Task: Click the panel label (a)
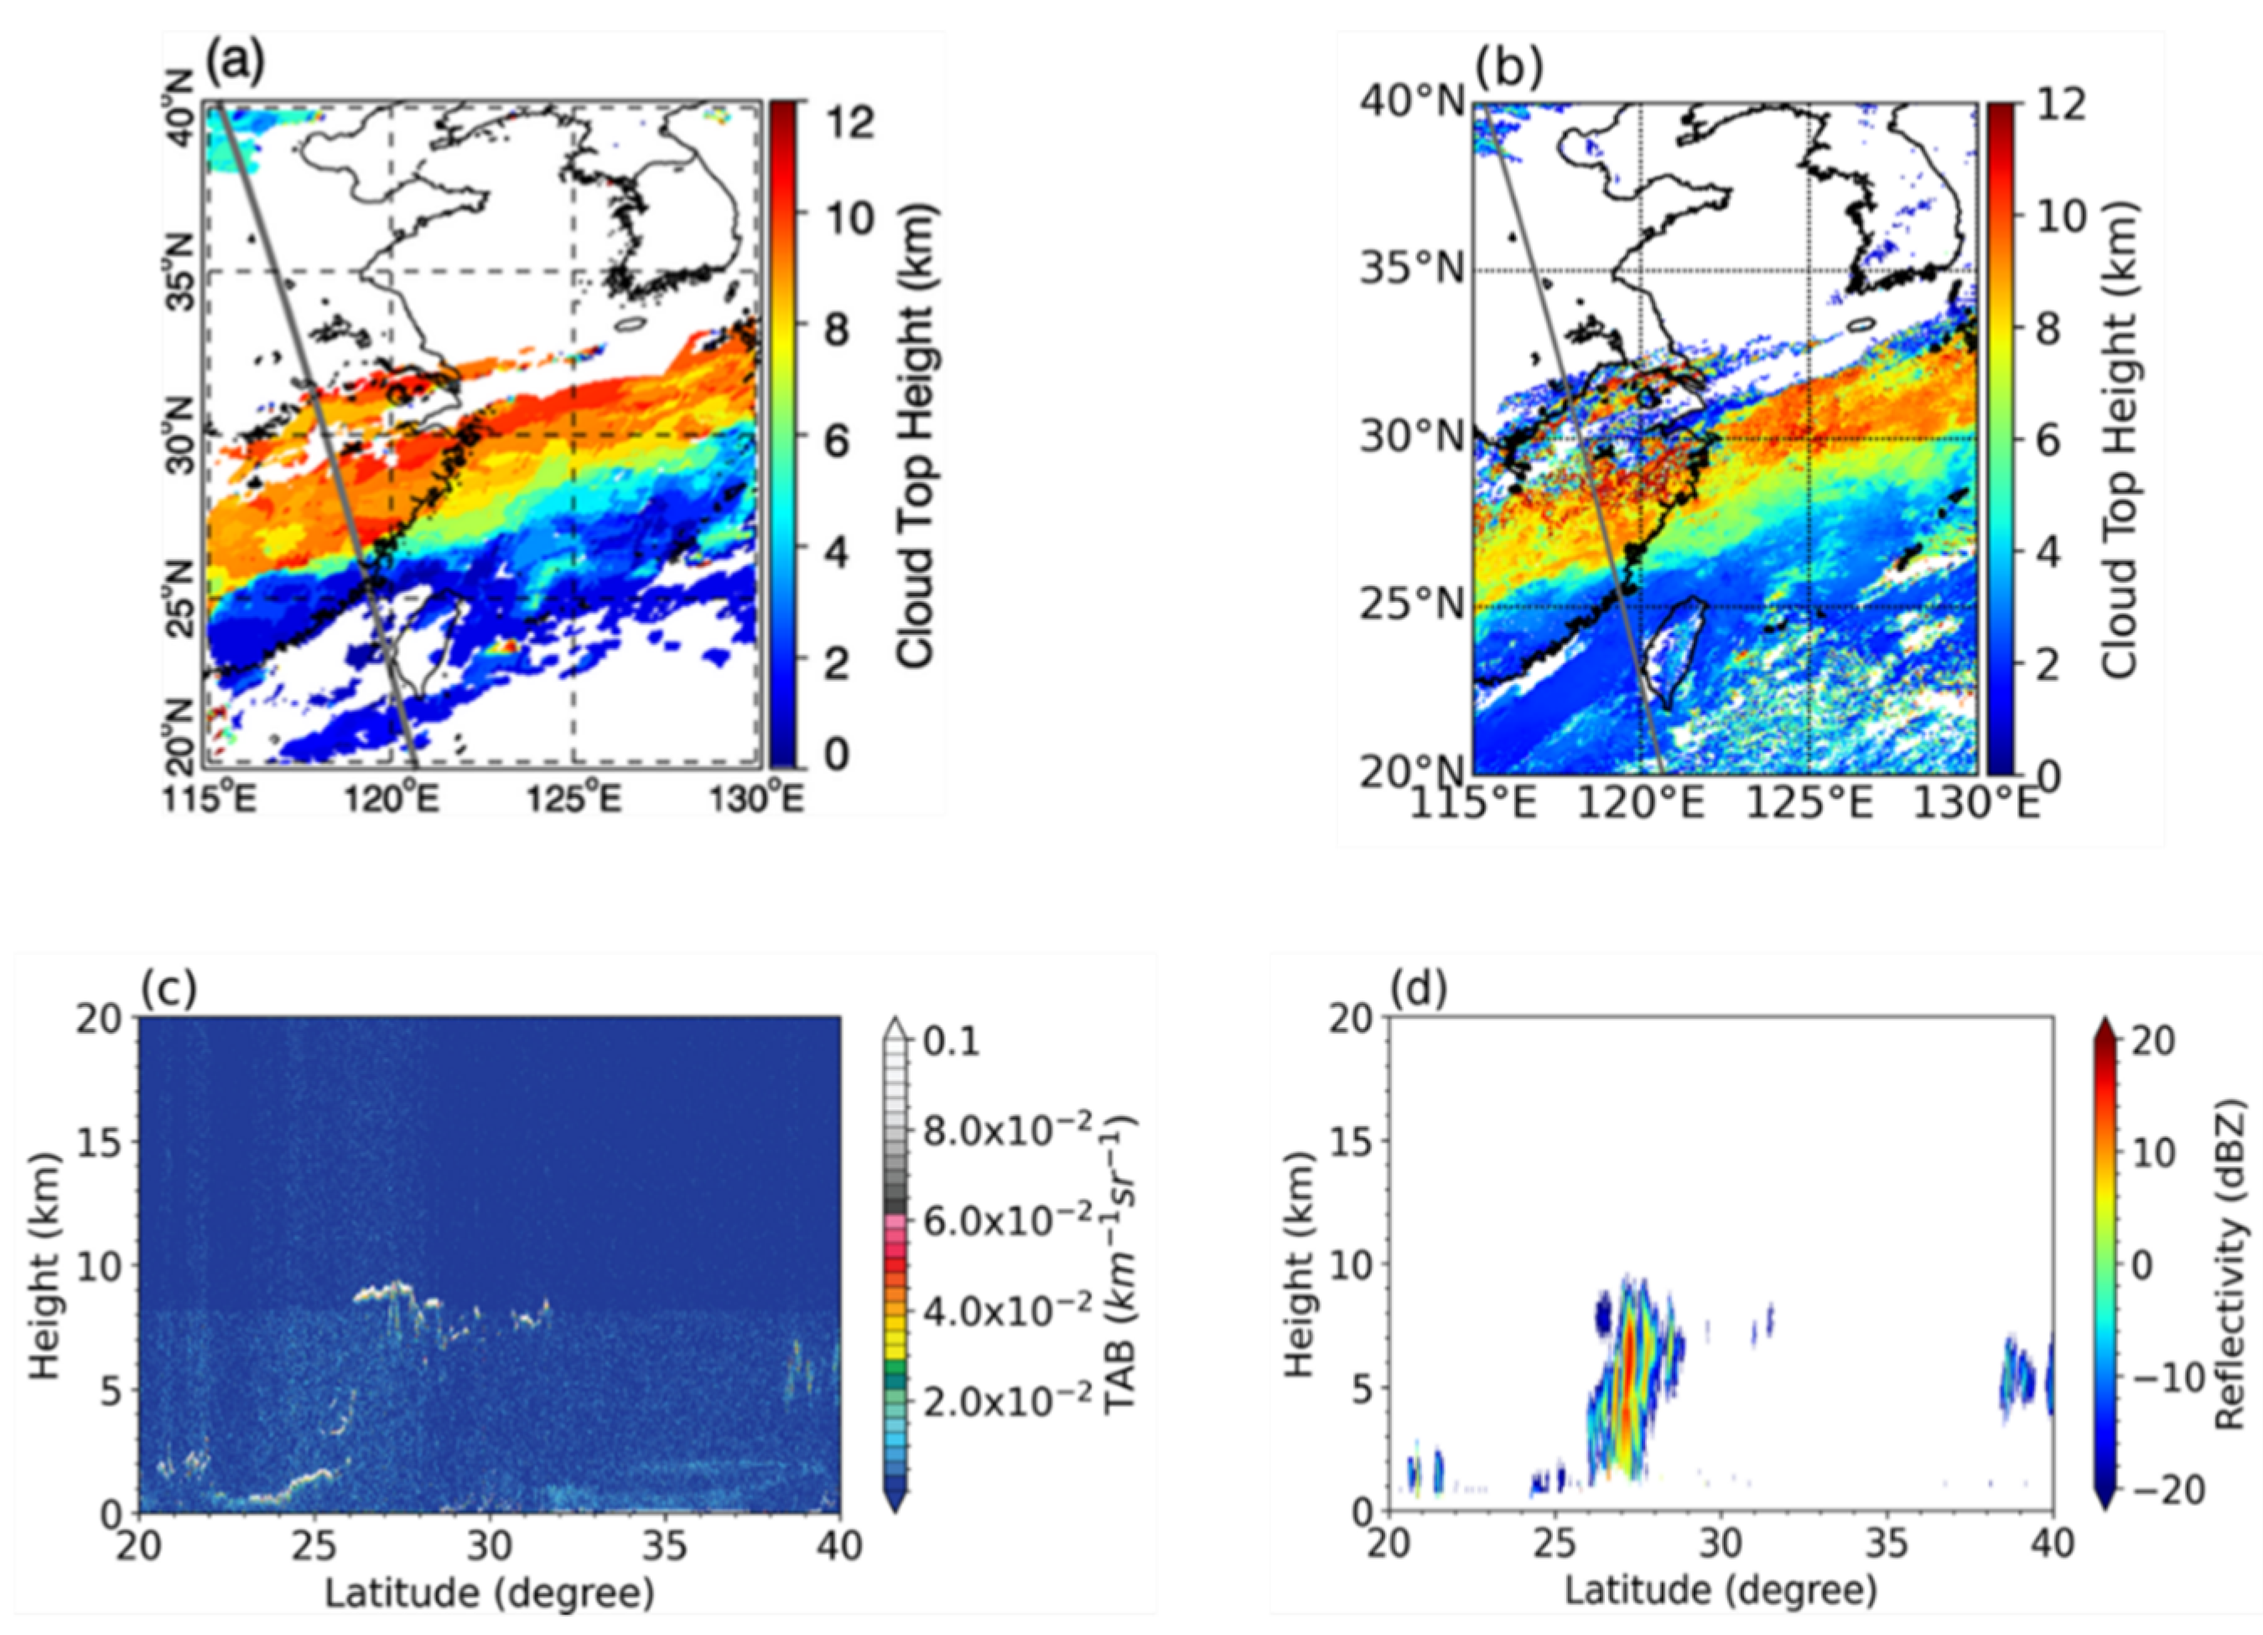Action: click(235, 64)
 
